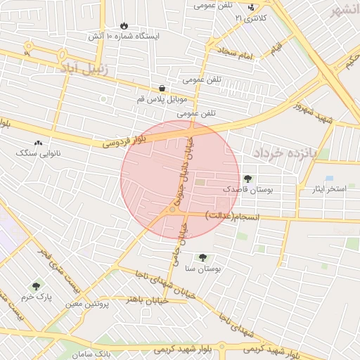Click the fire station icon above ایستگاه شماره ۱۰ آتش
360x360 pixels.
point(125,25)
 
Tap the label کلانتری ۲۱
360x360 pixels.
point(251,18)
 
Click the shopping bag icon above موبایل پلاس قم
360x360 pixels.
point(162,89)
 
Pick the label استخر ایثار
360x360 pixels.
point(322,190)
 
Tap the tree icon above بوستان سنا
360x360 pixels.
point(203,258)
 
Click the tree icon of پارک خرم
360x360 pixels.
point(37,286)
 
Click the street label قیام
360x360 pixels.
point(276,49)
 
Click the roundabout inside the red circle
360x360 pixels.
point(172,210)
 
